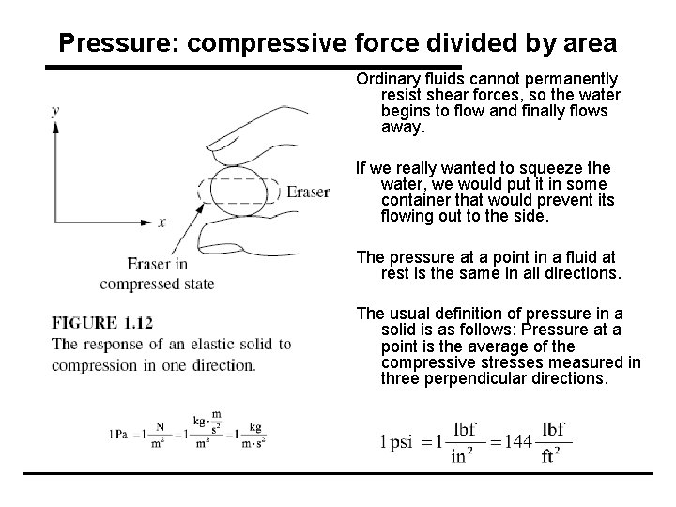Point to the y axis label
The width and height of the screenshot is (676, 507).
tap(55, 110)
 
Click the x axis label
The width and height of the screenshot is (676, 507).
tap(161, 223)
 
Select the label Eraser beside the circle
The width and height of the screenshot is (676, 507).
tap(308, 192)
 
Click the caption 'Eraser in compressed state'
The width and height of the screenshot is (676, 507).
tap(158, 273)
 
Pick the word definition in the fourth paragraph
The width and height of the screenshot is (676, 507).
tap(457, 313)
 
